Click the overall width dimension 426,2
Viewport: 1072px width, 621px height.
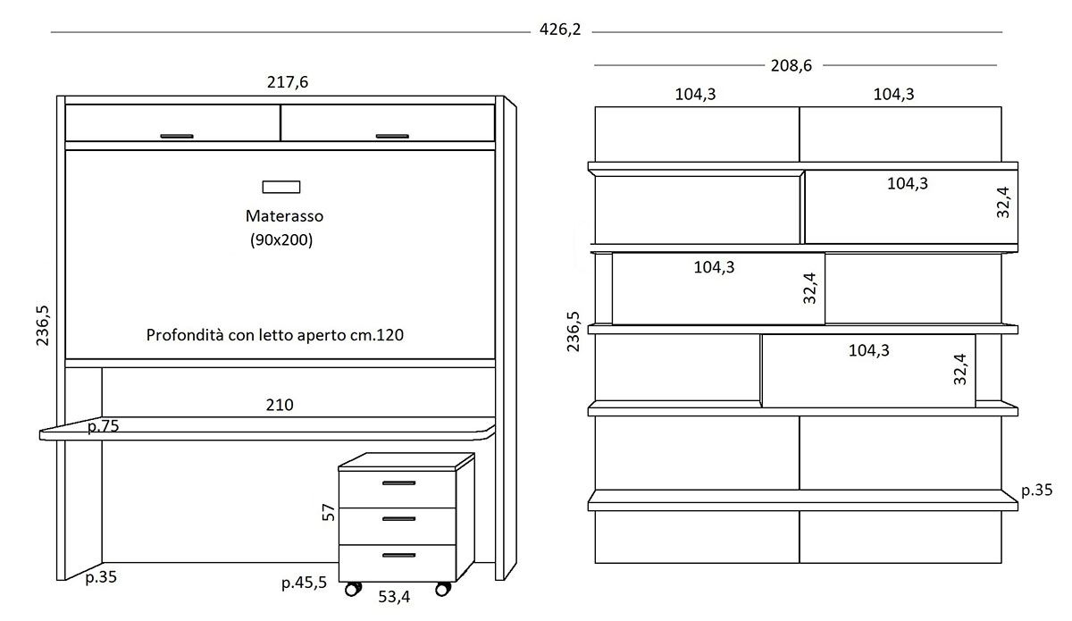tap(560, 29)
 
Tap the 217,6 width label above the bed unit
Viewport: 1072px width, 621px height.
tap(288, 82)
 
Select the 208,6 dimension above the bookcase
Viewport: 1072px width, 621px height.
tap(791, 65)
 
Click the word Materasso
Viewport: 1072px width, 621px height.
tap(284, 216)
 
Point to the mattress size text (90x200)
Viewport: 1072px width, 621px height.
tap(281, 239)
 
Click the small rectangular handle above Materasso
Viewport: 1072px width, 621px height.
tap(281, 187)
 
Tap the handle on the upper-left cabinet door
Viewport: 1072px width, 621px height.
tap(177, 137)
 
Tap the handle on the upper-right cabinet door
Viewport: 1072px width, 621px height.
tap(392, 137)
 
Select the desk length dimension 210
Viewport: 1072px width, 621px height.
tap(280, 405)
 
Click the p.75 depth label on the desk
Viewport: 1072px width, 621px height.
tap(104, 426)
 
